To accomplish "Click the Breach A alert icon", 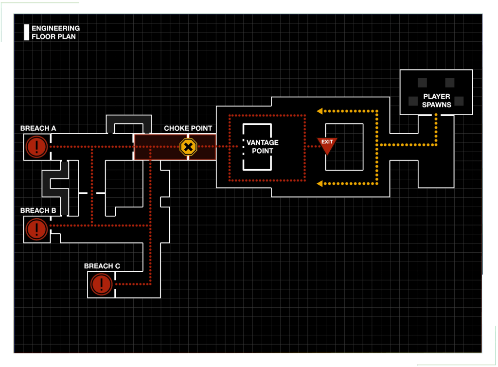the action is (x=37, y=147).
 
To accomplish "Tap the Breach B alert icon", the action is (x=37, y=229).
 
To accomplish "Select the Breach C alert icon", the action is (x=101, y=284).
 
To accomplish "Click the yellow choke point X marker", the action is (x=188, y=147).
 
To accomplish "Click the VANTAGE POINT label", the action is (x=262, y=147).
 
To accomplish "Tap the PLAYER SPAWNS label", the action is (x=436, y=101).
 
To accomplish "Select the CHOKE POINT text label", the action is (x=188, y=128).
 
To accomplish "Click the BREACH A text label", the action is (x=38, y=128).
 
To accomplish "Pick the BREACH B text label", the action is (x=38, y=210).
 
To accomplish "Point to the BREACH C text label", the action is (x=102, y=266).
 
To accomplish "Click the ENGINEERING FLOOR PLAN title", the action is (x=55, y=33).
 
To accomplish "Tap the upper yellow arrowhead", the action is (x=320, y=111).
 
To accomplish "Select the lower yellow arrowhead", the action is (x=320, y=184).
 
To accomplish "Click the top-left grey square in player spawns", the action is (x=423, y=83).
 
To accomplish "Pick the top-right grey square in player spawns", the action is (x=450, y=83).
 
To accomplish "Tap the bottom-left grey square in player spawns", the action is (x=413, y=101).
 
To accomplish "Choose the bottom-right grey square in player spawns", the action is (x=459, y=101).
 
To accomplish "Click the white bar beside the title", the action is (x=27, y=33).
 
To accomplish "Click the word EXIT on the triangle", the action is (x=327, y=142).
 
